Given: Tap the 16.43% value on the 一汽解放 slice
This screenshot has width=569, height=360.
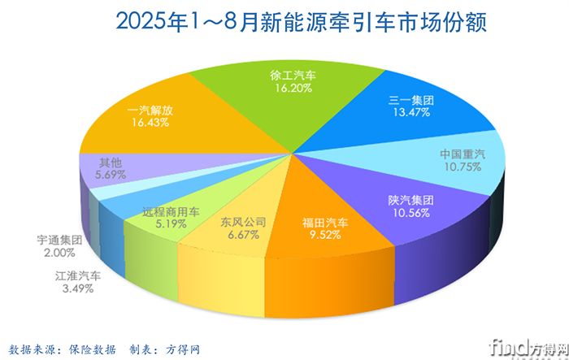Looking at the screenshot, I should (149, 123).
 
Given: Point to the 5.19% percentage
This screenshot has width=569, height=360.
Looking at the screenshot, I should (171, 224).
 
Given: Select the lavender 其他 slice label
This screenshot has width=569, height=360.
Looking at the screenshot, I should (110, 161).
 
